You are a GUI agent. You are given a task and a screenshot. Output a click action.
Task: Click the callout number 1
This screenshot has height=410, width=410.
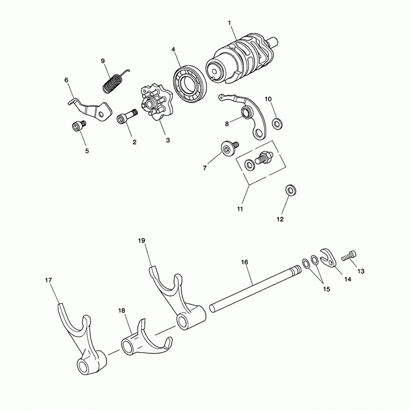(x=229, y=23)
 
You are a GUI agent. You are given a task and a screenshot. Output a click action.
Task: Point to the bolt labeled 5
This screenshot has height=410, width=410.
(x=78, y=126)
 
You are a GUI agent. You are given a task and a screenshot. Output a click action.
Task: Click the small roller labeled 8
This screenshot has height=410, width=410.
(x=247, y=112)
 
